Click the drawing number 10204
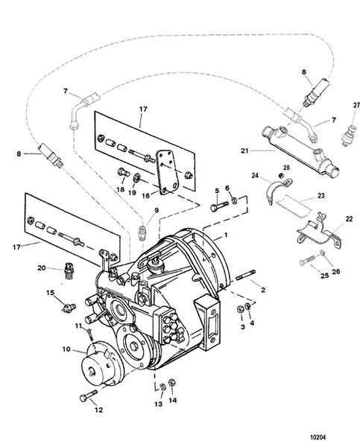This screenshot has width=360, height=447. point(318,437)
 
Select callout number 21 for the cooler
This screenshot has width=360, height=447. point(244,150)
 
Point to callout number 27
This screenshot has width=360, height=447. point(356,105)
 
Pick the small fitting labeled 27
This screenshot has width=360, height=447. point(349,135)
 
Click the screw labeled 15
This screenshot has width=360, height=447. point(69,307)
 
